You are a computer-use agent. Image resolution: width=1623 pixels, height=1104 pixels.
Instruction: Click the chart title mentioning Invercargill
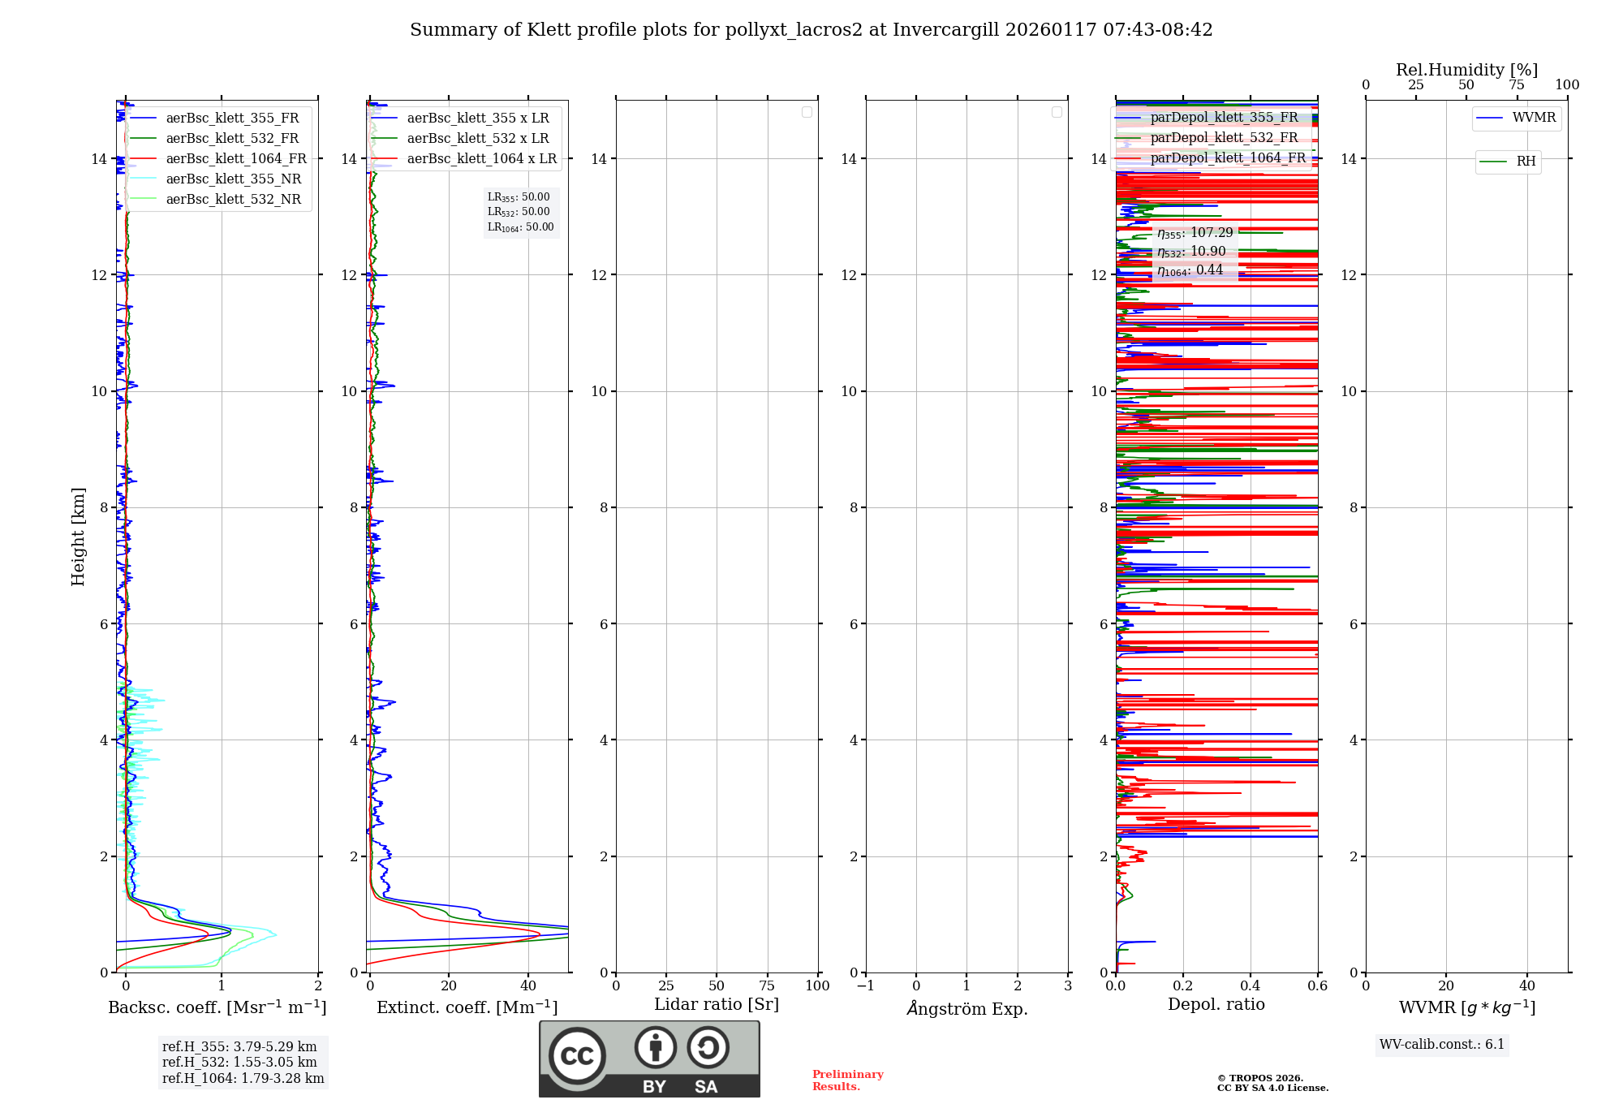click(x=811, y=30)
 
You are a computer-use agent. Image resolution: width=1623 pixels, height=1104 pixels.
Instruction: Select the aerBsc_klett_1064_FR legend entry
click(x=235, y=159)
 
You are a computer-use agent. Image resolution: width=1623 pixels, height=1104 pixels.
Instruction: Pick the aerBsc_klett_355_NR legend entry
click(x=233, y=179)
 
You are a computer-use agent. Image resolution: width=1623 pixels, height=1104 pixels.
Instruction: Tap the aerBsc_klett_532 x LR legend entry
click(x=477, y=139)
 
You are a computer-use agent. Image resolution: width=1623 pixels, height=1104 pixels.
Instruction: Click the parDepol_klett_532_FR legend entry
click(x=1224, y=138)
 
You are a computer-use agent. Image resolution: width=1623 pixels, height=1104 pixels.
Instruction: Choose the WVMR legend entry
click(x=1533, y=118)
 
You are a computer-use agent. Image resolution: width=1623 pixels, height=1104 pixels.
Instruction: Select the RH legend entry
click(x=1525, y=162)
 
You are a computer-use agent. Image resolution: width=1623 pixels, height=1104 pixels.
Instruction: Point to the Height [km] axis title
click(x=78, y=537)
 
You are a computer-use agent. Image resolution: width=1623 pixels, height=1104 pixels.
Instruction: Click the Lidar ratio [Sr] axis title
click(x=717, y=1005)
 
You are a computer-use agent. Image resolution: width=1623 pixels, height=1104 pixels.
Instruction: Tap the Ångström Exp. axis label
click(x=966, y=1009)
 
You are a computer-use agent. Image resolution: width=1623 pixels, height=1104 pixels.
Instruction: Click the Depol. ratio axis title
click(x=1216, y=1005)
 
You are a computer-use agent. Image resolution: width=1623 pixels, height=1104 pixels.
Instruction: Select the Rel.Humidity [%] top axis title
click(x=1466, y=70)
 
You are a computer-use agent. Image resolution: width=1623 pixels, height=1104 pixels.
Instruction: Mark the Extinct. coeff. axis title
click(x=467, y=1008)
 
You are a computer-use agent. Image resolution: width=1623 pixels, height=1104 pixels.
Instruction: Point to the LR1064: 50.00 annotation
click(x=520, y=227)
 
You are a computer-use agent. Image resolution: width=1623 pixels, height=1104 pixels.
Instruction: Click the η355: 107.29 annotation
click(x=1195, y=233)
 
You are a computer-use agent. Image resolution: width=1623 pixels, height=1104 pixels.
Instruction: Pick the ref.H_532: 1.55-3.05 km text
click(x=239, y=1063)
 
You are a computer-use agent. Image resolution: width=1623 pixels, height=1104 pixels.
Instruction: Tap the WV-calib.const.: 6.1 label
click(x=1442, y=1045)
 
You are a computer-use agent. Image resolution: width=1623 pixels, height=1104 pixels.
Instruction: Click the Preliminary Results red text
click(x=847, y=1080)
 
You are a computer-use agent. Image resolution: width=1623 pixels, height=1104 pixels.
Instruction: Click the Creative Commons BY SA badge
click(x=649, y=1059)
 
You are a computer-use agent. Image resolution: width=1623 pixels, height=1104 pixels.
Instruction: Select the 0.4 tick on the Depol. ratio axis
click(x=1251, y=986)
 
